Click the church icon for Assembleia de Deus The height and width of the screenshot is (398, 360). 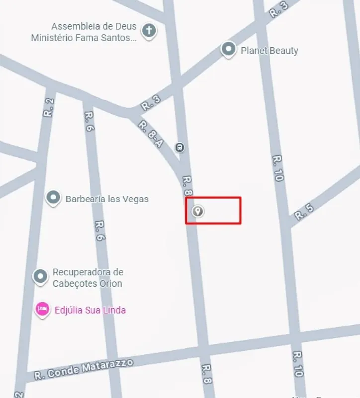[x=148, y=31]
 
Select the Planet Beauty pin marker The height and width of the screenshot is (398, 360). [x=228, y=49]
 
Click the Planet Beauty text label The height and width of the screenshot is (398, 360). [x=270, y=51]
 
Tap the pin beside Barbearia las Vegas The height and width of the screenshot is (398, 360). [x=53, y=198]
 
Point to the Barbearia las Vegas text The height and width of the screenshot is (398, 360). [x=107, y=199]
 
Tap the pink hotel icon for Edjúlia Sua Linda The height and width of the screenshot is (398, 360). [x=43, y=309]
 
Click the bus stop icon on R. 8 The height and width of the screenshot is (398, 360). [x=180, y=147]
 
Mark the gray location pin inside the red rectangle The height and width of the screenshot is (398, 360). [x=198, y=211]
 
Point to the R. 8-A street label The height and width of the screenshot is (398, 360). [x=150, y=134]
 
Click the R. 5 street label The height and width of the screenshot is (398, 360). [x=304, y=212]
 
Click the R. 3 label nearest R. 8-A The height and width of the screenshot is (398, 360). [x=151, y=103]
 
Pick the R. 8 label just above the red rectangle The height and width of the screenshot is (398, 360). [x=187, y=184]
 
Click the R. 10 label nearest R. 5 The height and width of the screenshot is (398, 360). [x=278, y=168]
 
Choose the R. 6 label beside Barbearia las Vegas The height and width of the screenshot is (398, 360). [x=100, y=231]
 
